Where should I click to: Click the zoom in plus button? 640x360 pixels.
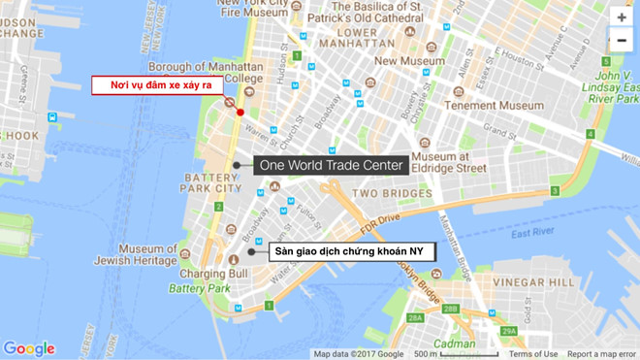pos(622,17)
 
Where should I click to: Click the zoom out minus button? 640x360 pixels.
pos(622,41)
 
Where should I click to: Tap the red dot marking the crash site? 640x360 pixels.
pos(240,112)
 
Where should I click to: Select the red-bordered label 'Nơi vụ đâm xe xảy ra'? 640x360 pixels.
pos(158,85)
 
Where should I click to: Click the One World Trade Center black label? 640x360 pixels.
pos(330,166)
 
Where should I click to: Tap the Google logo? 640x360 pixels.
pos(29,349)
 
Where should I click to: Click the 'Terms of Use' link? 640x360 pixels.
pos(533,354)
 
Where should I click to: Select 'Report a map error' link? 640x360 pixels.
pos(601,354)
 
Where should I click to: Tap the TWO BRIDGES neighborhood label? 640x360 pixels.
pos(391,193)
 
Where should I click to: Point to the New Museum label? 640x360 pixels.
pos(408,60)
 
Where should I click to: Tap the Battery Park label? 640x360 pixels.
pos(199,288)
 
